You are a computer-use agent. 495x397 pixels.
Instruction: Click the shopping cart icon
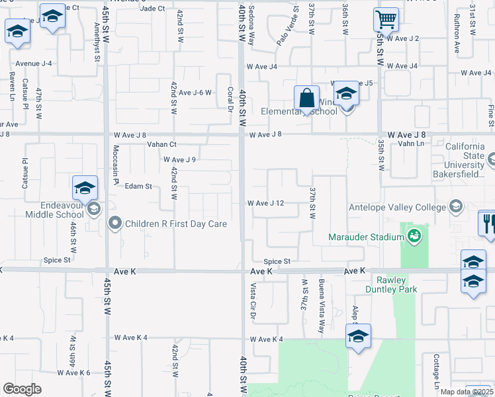point(386,20)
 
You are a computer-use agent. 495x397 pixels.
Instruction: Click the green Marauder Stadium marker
point(414,236)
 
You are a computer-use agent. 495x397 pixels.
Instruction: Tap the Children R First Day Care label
point(175,224)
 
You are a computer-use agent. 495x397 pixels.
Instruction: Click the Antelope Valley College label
point(398,208)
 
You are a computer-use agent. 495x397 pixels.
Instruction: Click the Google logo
point(21,389)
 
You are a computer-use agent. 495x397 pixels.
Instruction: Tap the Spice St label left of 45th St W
point(57,260)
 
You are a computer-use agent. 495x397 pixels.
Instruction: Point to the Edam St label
point(138,187)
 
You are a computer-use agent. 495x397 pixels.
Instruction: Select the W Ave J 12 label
point(265,203)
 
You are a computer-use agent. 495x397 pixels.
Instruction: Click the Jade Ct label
point(152,9)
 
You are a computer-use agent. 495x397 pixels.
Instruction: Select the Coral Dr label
point(230,99)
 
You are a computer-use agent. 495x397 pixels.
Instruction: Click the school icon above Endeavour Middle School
point(85,188)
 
